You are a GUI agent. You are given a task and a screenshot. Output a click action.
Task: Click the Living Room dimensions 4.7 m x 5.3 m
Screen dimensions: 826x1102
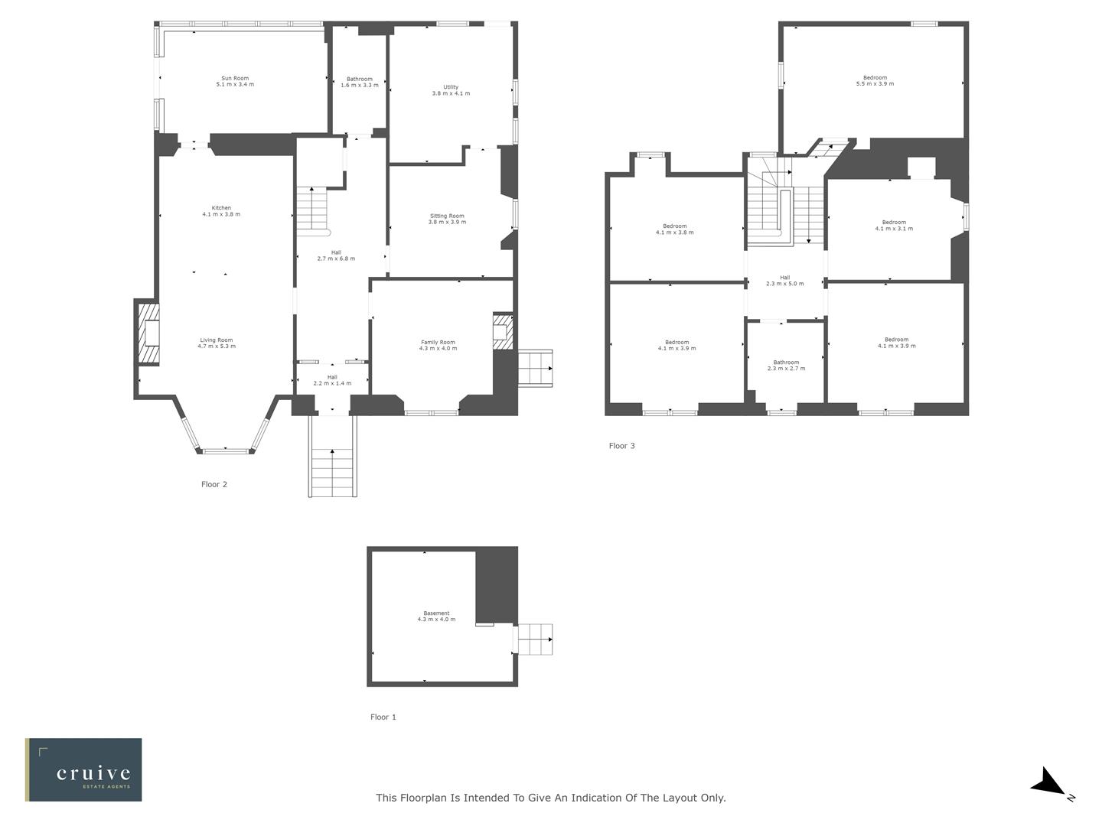click(217, 346)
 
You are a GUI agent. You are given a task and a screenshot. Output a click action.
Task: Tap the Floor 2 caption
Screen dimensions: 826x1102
click(214, 484)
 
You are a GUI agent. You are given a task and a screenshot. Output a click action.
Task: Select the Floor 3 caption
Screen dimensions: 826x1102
click(621, 446)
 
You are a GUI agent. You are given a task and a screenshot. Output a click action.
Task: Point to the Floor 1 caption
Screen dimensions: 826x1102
click(383, 717)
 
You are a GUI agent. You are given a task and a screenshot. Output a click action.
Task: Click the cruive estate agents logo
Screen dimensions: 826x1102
click(83, 769)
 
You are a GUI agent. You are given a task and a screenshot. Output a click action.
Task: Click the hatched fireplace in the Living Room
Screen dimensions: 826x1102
click(148, 333)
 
